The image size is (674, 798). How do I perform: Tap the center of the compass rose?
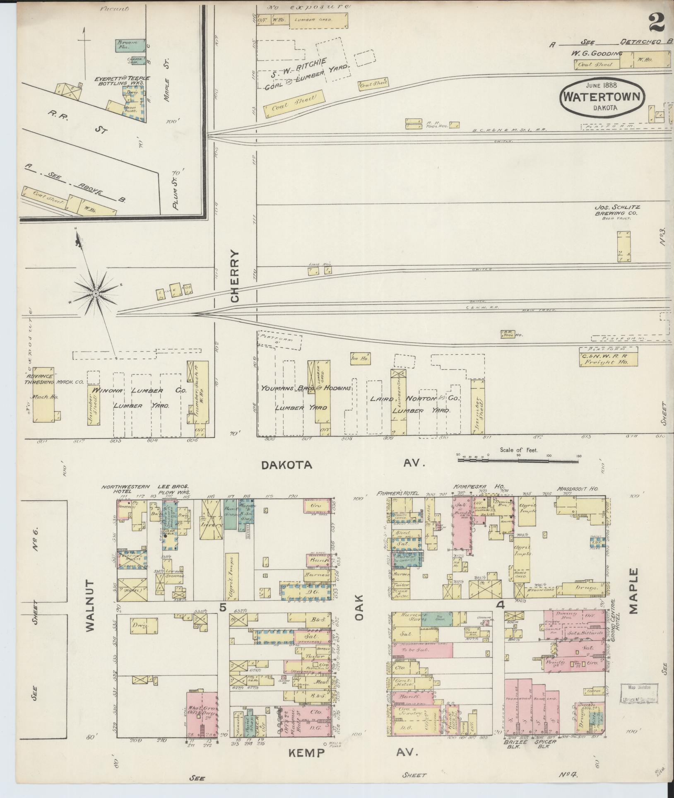[x=95, y=293]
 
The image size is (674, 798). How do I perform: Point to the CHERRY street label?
[x=235, y=276]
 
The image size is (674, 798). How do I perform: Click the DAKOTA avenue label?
[x=286, y=465]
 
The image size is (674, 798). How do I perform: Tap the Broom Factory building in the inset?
[x=130, y=45]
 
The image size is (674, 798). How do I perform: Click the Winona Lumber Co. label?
[x=139, y=391]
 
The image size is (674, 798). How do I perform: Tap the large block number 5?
[x=223, y=608]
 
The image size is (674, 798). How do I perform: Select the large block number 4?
[x=501, y=605]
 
